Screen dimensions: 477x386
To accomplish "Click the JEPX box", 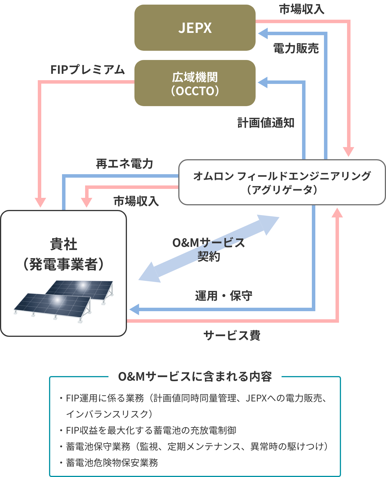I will (x=195, y=28).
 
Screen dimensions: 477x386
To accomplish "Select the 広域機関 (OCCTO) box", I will (x=195, y=83).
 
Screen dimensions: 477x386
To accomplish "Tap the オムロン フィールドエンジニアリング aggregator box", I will (x=282, y=182).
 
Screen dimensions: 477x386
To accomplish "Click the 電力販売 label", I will (x=296, y=48).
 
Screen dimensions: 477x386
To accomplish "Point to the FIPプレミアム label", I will (x=87, y=70).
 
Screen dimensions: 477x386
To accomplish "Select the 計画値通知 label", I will (x=266, y=123).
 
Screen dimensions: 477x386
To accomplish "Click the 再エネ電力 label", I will (x=124, y=164).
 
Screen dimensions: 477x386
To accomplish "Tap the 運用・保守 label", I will (x=224, y=296).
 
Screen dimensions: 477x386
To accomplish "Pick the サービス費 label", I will (x=232, y=335).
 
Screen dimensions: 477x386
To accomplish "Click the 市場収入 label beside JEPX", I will (x=301, y=10).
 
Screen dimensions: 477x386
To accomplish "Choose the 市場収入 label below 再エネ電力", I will (x=136, y=201).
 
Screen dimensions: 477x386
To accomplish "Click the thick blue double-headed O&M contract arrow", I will (x=209, y=249).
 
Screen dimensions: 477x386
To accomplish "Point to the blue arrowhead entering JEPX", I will (x=263, y=33).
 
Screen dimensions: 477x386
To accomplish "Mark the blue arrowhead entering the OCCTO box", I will (x=263, y=83).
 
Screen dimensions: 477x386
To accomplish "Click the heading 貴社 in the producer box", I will (x=63, y=245).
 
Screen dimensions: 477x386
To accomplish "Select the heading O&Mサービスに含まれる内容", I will (x=195, y=377).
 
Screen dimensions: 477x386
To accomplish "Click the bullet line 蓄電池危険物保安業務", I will (x=112, y=463).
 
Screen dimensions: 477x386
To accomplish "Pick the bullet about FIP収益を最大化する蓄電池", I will (x=151, y=430).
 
